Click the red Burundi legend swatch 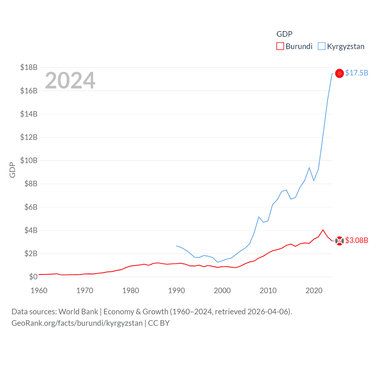coord(280,46)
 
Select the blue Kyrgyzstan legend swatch coord(322,46)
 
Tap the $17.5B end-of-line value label coord(357,73)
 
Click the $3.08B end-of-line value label coord(357,240)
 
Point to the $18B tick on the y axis coord(29,68)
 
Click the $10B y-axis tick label coord(29,160)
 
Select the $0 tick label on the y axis coord(33,277)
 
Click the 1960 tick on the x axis coord(39,291)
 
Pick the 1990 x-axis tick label coord(177,291)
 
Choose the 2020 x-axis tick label coord(314,291)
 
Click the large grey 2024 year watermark coord(70,80)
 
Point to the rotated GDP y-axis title coord(12,170)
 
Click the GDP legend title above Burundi coord(284,34)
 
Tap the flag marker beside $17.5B coord(340,73)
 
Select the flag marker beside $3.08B coord(340,241)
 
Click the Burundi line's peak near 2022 coord(323,230)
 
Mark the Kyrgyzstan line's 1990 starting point coord(176,246)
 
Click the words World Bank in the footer coord(78,311)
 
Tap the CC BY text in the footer coord(159,323)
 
